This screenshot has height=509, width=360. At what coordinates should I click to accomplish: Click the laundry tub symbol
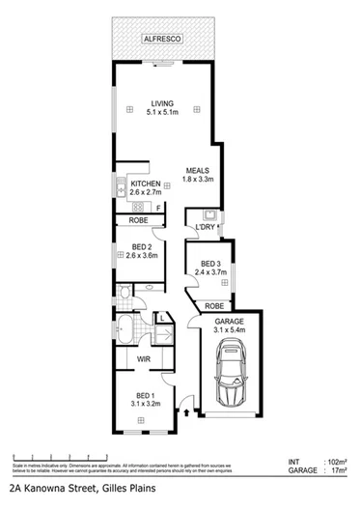(x=208, y=212)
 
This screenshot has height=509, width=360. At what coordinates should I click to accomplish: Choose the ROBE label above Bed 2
(x=139, y=220)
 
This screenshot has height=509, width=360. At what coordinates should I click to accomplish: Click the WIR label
(x=143, y=360)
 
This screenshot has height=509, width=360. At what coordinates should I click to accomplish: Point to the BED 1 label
(x=145, y=397)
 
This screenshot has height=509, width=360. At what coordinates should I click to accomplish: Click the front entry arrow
(x=180, y=417)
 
